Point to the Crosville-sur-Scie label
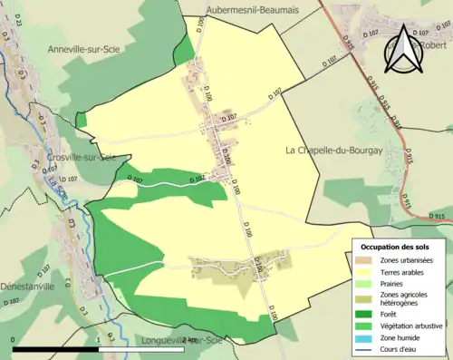click(x=82, y=158)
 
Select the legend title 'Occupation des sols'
click(x=394, y=248)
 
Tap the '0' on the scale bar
click(x=14, y=339)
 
